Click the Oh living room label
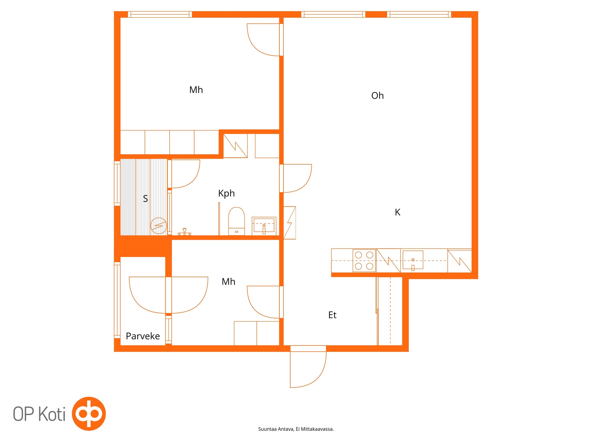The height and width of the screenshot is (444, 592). click(x=377, y=96)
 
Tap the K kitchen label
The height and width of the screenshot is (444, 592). click(x=397, y=212)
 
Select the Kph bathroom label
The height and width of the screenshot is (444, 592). click(x=226, y=193)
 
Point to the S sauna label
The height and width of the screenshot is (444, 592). click(x=145, y=199)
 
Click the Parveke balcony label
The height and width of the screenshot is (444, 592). click(x=143, y=336)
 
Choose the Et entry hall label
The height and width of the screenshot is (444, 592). click(x=332, y=315)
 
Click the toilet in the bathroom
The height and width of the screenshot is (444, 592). click(x=236, y=221)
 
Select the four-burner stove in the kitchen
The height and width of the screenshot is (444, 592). click(x=364, y=261)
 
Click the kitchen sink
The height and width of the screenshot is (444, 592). click(x=413, y=260)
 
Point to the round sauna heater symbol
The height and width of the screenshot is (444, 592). click(x=158, y=226)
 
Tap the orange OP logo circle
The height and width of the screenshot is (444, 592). click(x=89, y=414)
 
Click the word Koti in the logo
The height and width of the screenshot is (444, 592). click(x=52, y=414)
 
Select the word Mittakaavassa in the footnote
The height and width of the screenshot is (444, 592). click(x=317, y=429)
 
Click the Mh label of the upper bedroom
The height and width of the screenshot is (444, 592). click(x=196, y=90)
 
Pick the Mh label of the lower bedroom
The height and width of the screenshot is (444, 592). click(x=228, y=282)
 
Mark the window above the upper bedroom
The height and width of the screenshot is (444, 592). click(x=160, y=14)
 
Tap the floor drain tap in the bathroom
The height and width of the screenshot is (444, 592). click(x=185, y=232)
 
